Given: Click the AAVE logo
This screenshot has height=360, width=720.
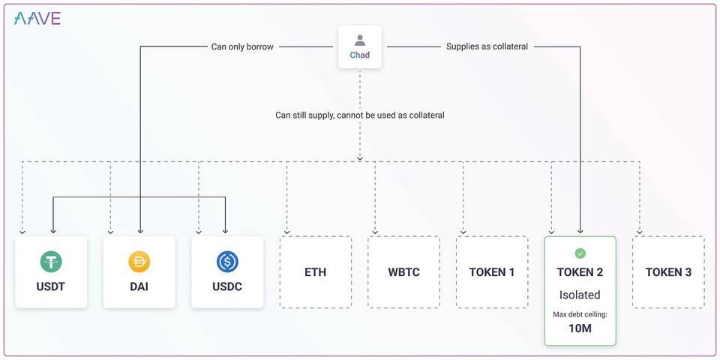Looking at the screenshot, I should pyautogui.click(x=37, y=19).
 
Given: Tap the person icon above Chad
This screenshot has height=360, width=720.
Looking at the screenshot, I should pyautogui.click(x=360, y=40).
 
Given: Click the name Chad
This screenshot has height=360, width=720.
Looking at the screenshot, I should pyautogui.click(x=360, y=55).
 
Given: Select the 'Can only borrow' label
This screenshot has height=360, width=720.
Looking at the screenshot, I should pyautogui.click(x=242, y=46).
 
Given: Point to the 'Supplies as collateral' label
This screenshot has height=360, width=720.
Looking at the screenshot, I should pyautogui.click(x=487, y=46).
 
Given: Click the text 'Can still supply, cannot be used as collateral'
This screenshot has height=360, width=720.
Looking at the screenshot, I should pyautogui.click(x=360, y=115).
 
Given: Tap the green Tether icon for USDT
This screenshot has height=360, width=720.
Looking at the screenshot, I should pyautogui.click(x=51, y=261).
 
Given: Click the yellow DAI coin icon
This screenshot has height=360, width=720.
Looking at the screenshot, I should pyautogui.click(x=139, y=261).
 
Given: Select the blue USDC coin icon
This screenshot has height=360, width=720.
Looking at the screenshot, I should pyautogui.click(x=227, y=261).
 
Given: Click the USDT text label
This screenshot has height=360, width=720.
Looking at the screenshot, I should pyautogui.click(x=51, y=286).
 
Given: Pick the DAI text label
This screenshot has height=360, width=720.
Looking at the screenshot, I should pyautogui.click(x=139, y=286).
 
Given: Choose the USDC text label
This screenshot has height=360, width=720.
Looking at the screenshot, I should pyautogui.click(x=227, y=286).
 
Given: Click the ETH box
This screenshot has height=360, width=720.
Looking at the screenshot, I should pyautogui.click(x=316, y=272).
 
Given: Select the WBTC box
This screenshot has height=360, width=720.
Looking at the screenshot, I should pyautogui.click(x=403, y=272).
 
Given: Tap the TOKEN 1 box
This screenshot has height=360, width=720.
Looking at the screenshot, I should pyautogui.click(x=492, y=272).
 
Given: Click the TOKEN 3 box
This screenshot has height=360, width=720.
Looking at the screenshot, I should pyautogui.click(x=668, y=272).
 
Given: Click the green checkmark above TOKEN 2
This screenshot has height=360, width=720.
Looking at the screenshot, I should pyautogui.click(x=580, y=253).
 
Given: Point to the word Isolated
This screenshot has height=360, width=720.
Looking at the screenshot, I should pyautogui.click(x=580, y=295).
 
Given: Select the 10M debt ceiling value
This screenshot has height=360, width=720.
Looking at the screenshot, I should pyautogui.click(x=580, y=329).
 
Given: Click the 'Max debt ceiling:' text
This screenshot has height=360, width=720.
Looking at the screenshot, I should pyautogui.click(x=580, y=314).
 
